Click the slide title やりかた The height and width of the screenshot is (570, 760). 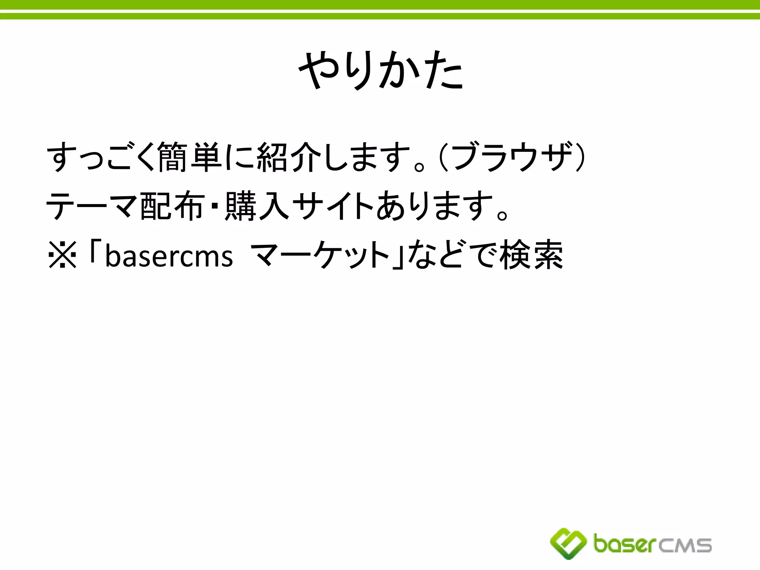(x=381, y=70)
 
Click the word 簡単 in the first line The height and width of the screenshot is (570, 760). (x=189, y=157)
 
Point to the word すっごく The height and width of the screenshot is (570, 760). (x=100, y=157)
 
